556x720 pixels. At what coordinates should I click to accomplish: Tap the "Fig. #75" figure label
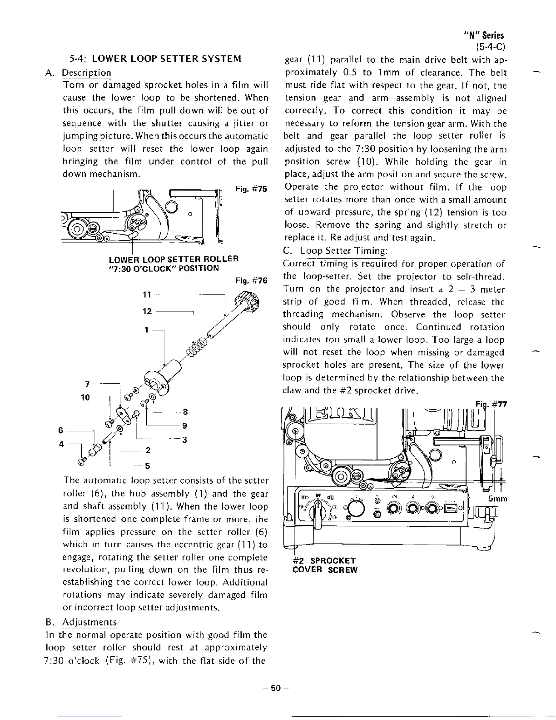pyautogui.click(x=252, y=189)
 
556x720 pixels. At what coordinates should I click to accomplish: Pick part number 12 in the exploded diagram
pyautogui.click(x=147, y=311)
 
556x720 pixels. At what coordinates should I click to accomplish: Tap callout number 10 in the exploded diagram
pyautogui.click(x=85, y=397)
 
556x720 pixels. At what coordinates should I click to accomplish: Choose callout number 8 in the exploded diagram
pyautogui.click(x=185, y=412)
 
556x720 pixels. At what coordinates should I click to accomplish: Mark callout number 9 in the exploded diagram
pyautogui.click(x=185, y=426)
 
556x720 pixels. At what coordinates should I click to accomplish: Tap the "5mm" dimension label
pyautogui.click(x=497, y=499)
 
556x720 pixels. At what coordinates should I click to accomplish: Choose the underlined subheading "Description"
pyautogui.click(x=86, y=73)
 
